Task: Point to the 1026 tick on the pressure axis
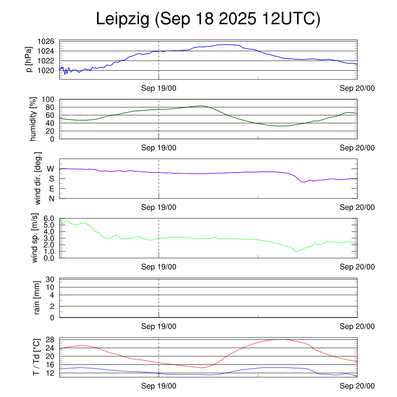point(47,41)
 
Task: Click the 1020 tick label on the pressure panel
point(47,70)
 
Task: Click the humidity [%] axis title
point(34,119)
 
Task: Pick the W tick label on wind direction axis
point(51,169)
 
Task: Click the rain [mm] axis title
point(37,298)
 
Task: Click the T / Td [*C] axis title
point(36,357)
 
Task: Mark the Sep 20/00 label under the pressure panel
point(357,88)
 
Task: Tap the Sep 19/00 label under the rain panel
point(159,326)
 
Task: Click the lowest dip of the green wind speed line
point(296,252)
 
